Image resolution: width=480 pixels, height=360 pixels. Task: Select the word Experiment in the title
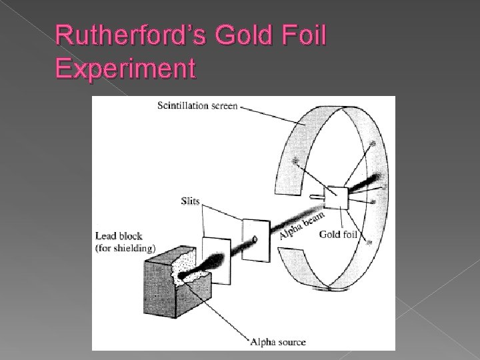[x=126, y=68]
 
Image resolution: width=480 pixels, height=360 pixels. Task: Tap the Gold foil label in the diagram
[x=340, y=233]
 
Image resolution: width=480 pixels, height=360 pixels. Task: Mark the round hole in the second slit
[x=254, y=239]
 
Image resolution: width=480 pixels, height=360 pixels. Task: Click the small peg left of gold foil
[x=315, y=197]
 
